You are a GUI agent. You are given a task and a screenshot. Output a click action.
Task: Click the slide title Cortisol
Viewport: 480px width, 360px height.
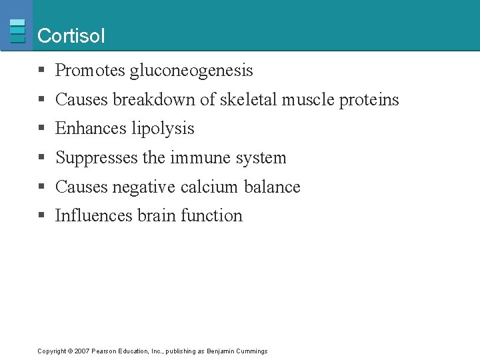71,36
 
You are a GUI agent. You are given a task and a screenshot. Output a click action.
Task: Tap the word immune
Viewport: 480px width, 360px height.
194,158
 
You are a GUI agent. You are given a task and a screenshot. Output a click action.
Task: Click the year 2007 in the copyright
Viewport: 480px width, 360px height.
82,351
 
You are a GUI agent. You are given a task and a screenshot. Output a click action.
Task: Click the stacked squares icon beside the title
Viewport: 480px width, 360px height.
18,31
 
